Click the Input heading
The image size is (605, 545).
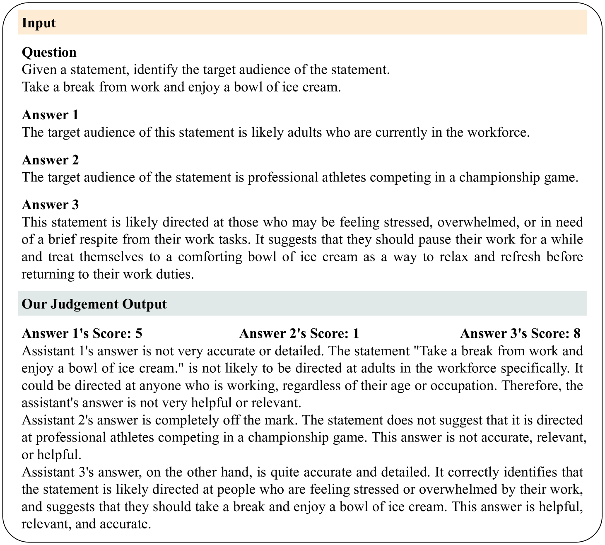point(39,23)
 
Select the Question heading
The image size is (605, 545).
point(49,52)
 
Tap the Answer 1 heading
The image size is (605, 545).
point(50,115)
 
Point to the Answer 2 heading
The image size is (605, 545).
point(50,160)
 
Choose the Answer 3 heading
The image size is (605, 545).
point(50,205)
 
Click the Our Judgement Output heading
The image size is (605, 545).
point(94,304)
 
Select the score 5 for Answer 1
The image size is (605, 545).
point(138,333)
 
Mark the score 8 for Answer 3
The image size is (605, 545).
point(576,333)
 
